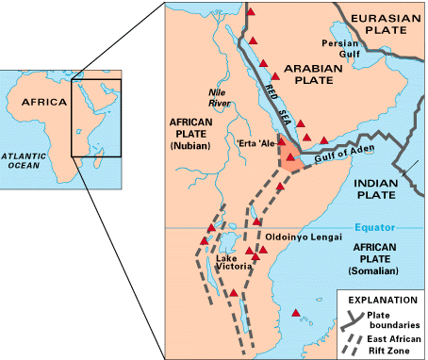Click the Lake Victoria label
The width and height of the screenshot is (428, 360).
pyautogui.click(x=232, y=263)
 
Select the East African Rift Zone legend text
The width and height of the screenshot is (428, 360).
pyautogui.click(x=398, y=341)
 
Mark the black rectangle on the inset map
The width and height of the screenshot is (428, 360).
pyautogui.click(x=97, y=118)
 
